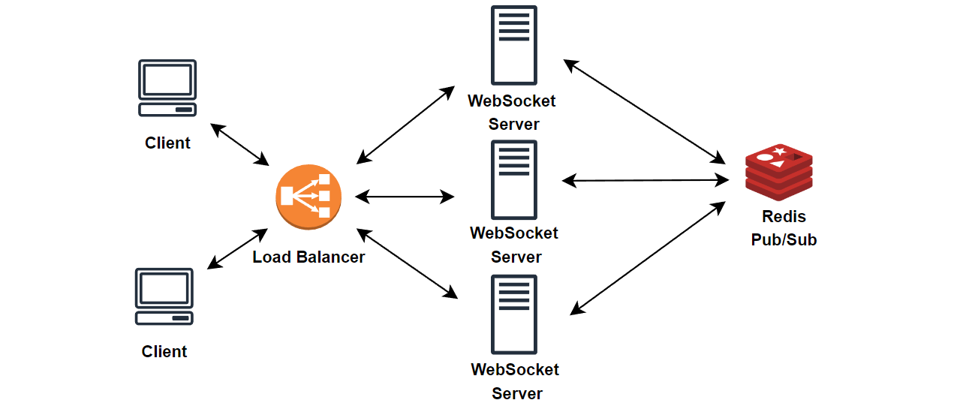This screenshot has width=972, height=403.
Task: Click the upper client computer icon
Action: [x=167, y=88]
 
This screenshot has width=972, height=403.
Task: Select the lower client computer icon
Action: [x=164, y=296]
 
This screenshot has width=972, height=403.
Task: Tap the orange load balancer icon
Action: [x=308, y=196]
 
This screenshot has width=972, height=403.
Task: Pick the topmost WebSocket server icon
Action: [x=514, y=45]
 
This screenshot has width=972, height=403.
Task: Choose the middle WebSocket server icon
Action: [x=514, y=179]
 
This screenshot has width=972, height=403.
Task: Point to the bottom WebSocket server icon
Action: [x=514, y=314]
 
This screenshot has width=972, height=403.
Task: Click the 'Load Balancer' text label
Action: [x=308, y=257]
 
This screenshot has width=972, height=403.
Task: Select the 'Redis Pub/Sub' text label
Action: [x=784, y=228]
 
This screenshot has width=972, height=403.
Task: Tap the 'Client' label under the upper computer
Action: [x=167, y=143]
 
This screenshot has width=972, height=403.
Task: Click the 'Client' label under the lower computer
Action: [x=164, y=351]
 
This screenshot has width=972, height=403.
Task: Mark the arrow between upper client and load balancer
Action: [x=240, y=144]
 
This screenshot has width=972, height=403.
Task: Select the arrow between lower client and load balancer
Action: [x=237, y=248]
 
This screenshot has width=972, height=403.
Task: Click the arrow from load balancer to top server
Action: [x=405, y=125]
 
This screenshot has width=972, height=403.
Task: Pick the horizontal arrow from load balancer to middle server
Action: [x=405, y=197]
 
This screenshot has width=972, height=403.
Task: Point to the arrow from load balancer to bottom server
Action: [x=407, y=263]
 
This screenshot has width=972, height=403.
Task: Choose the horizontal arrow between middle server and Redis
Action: [x=645, y=180]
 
